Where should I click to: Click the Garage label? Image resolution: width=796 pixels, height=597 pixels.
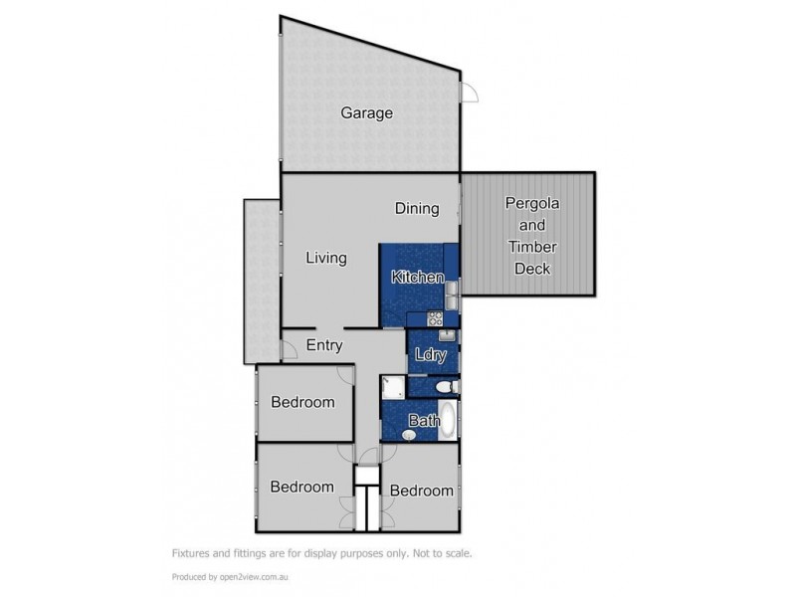tap(366, 112)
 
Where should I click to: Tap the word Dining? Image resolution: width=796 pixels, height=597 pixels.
tap(416, 208)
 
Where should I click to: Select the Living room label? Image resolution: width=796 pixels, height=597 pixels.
tap(325, 258)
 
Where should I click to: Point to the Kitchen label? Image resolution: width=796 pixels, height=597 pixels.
tap(417, 278)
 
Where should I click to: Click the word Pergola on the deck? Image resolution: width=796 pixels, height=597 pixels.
tap(532, 202)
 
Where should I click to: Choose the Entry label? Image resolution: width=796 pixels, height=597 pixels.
tap(324, 346)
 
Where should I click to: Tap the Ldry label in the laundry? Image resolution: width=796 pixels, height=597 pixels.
tap(429, 353)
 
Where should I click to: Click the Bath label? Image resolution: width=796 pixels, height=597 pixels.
tap(426, 421)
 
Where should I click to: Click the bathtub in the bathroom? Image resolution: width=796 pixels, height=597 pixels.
tap(449, 421)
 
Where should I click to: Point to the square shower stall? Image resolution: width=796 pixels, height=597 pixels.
tap(392, 386)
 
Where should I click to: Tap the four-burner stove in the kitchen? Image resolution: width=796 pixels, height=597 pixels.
tap(434, 318)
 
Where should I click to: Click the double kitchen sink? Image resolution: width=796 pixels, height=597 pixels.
tap(451, 295)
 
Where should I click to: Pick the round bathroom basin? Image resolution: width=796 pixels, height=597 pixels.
tap(409, 435)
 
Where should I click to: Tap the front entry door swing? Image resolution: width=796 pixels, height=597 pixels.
tap(289, 349)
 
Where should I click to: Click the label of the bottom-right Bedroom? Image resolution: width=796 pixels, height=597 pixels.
tap(421, 491)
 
